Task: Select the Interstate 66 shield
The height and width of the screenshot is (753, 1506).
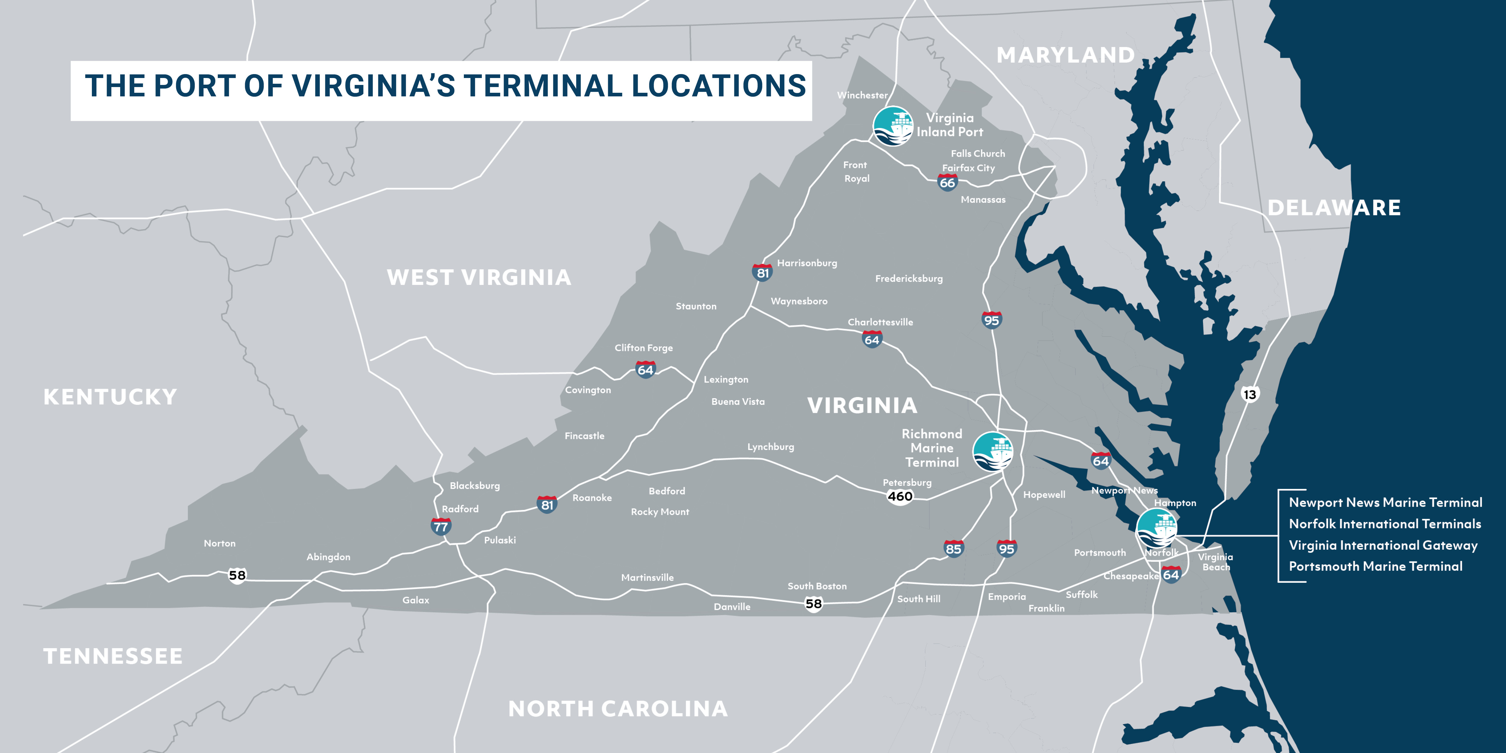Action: pos(947,183)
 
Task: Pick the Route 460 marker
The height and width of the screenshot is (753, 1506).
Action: pos(900,496)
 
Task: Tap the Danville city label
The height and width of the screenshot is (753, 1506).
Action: pos(732,607)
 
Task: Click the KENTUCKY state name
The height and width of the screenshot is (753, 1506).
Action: pos(110,397)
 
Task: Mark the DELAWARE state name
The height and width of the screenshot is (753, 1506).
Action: pos(1334,208)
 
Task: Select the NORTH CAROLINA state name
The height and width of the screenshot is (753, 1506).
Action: pos(618,708)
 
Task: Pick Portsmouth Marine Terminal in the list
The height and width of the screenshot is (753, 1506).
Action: pos(1376,567)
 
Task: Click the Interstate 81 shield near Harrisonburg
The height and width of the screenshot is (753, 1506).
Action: pos(762,273)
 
